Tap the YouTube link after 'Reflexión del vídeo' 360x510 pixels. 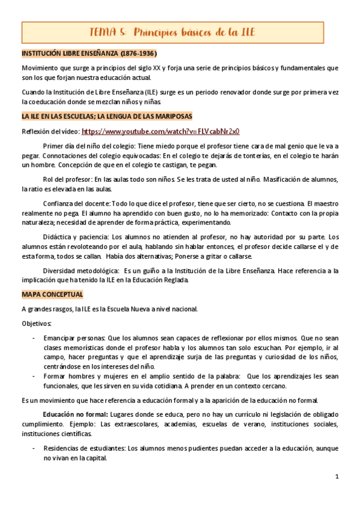[x=160, y=131]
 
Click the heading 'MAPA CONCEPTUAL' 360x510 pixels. [x=52, y=295]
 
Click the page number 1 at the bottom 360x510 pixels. [x=337, y=476]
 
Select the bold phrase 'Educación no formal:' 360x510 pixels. [x=75, y=414]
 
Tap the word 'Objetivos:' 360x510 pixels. [x=36, y=324]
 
